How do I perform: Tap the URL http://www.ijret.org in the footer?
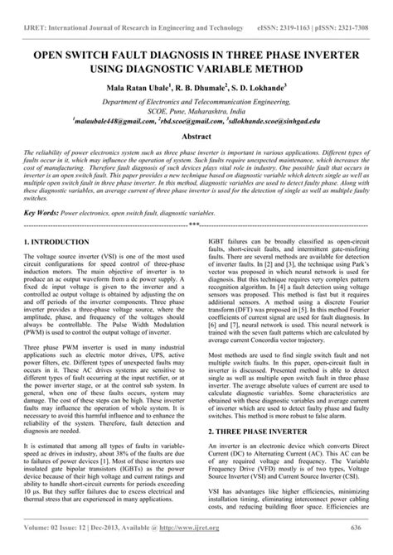(x=194, y=548)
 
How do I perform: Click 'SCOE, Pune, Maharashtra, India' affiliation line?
(x=196, y=109)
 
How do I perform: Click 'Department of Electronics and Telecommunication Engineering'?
(x=196, y=100)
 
